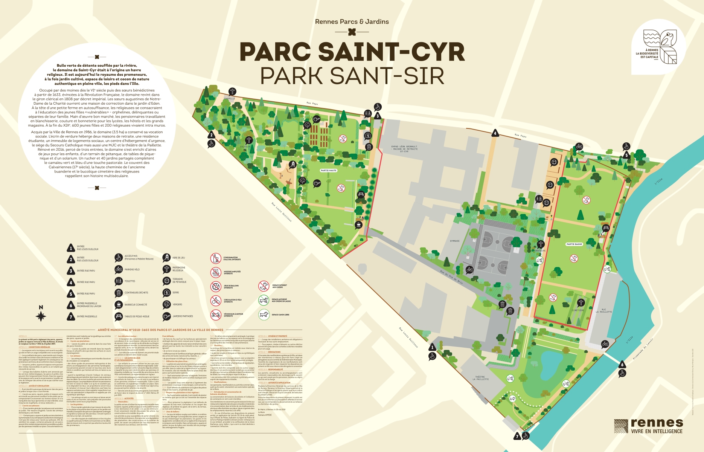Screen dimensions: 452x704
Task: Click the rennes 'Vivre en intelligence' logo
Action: [x=648, y=426]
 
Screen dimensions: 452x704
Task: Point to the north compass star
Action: [x=41, y=316]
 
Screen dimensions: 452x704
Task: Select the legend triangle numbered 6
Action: [x=71, y=305]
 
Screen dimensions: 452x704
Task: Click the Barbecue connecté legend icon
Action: [x=119, y=304]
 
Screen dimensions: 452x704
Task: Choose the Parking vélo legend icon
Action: [x=119, y=269]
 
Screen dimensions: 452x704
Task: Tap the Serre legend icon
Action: [x=166, y=292]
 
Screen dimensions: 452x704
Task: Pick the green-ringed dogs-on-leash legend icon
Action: [x=264, y=300]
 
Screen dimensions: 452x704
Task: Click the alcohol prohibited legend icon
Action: [x=215, y=258]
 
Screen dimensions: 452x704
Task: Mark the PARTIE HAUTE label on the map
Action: [x=328, y=171]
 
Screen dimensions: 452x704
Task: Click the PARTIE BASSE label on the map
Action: [x=574, y=244]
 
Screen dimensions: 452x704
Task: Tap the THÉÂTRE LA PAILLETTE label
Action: [x=480, y=378]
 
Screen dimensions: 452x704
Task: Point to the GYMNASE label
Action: [x=455, y=241]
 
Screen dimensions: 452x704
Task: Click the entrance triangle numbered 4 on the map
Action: [x=495, y=133]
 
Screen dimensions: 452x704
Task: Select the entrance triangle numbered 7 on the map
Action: [x=517, y=436]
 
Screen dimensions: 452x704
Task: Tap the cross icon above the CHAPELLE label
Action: [x=232, y=92]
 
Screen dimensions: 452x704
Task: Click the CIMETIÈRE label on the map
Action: [x=578, y=310]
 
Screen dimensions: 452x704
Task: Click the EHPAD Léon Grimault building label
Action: [x=404, y=149]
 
